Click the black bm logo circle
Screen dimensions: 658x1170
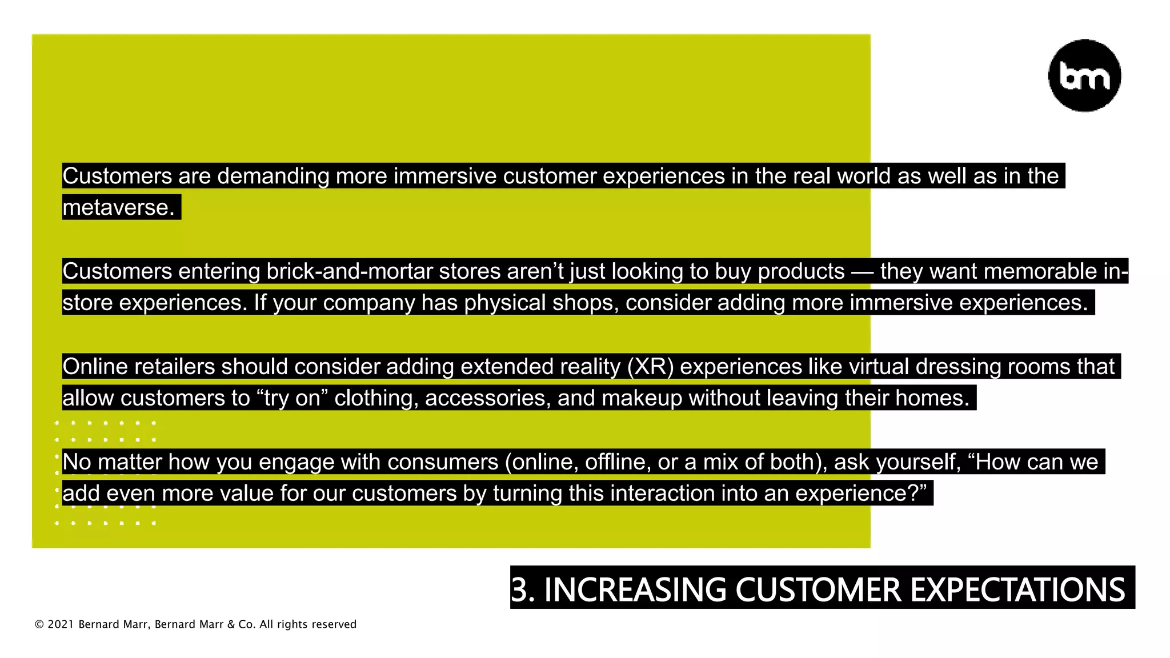pos(1084,75)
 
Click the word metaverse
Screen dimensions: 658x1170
pos(118,207)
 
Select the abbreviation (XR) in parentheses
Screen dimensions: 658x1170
pos(650,367)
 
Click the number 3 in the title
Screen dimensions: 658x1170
pos(519,589)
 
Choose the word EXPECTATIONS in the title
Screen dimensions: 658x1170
pos(1017,589)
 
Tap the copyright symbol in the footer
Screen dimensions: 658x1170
pos(39,625)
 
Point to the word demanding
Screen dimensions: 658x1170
pos(273,176)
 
